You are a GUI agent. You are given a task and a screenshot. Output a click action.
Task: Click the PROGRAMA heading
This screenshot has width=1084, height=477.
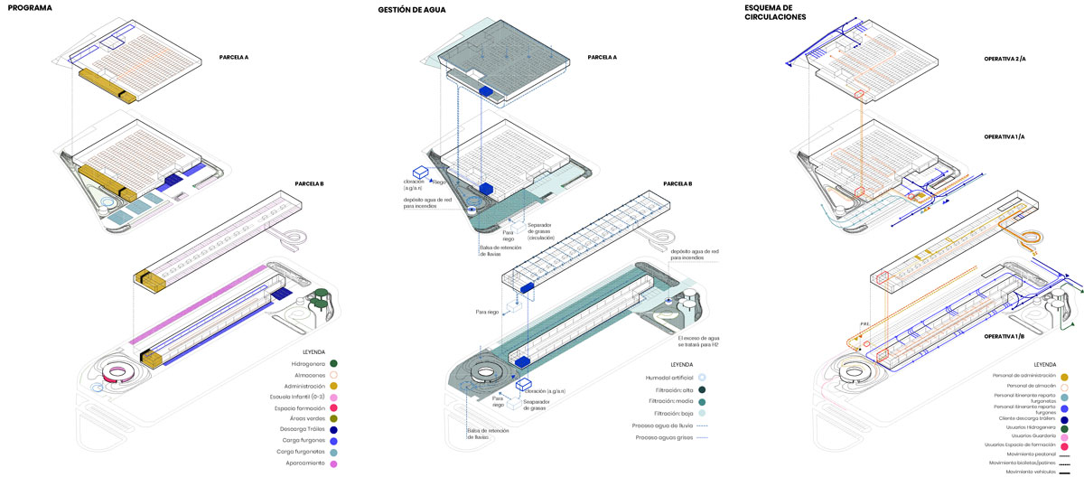coord(26,8)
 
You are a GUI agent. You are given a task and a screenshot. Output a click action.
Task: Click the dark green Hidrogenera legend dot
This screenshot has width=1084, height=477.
coord(333,363)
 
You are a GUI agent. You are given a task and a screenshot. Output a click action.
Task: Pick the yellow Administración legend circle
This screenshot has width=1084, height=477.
coord(333,386)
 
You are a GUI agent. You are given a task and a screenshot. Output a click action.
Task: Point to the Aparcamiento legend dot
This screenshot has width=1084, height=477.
coord(333,464)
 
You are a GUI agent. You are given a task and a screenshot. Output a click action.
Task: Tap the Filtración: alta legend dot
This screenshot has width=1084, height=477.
coord(702,389)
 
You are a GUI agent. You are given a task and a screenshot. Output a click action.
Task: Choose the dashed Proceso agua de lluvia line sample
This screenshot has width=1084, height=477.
coord(703,425)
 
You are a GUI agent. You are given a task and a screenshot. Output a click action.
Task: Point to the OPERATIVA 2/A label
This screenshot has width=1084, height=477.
coord(1005,59)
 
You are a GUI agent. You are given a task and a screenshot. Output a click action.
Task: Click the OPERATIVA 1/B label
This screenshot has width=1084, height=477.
coord(1005,336)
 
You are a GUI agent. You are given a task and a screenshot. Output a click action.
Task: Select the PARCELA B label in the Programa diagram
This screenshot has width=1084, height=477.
coord(309,183)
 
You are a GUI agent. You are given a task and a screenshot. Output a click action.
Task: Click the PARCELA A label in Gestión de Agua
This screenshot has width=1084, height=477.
coord(602,57)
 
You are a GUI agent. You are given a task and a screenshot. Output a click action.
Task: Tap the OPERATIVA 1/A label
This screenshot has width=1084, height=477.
coord(1005,136)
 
